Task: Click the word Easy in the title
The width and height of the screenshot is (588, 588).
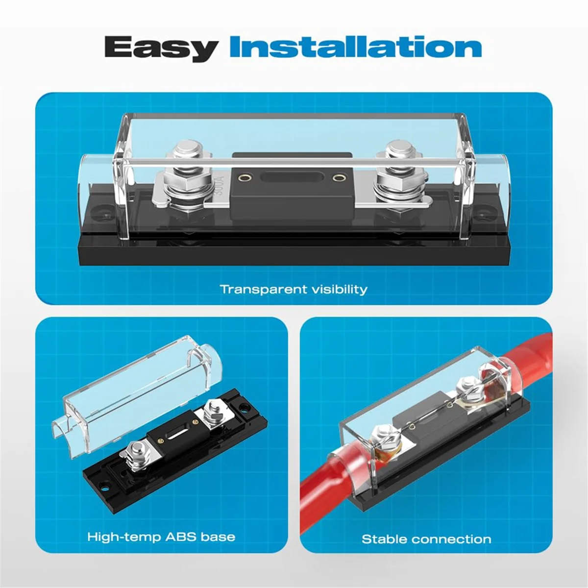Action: click(x=161, y=48)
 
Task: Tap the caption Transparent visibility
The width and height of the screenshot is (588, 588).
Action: click(x=293, y=289)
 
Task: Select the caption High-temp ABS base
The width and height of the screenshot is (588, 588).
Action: click(x=161, y=537)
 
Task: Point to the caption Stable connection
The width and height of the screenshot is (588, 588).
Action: click(x=426, y=539)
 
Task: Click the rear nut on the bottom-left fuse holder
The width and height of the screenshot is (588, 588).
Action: click(x=214, y=408)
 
